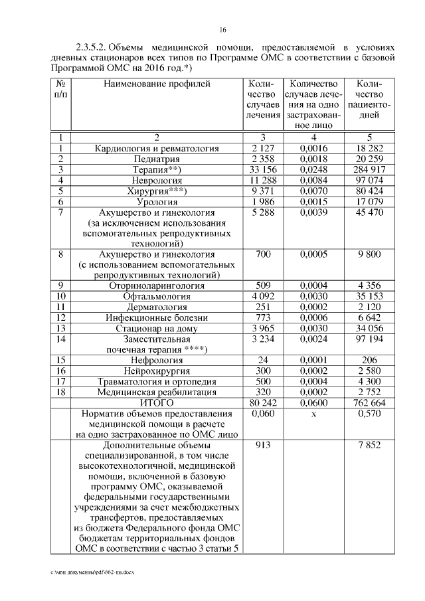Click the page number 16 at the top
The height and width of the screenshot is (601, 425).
click(x=223, y=29)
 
